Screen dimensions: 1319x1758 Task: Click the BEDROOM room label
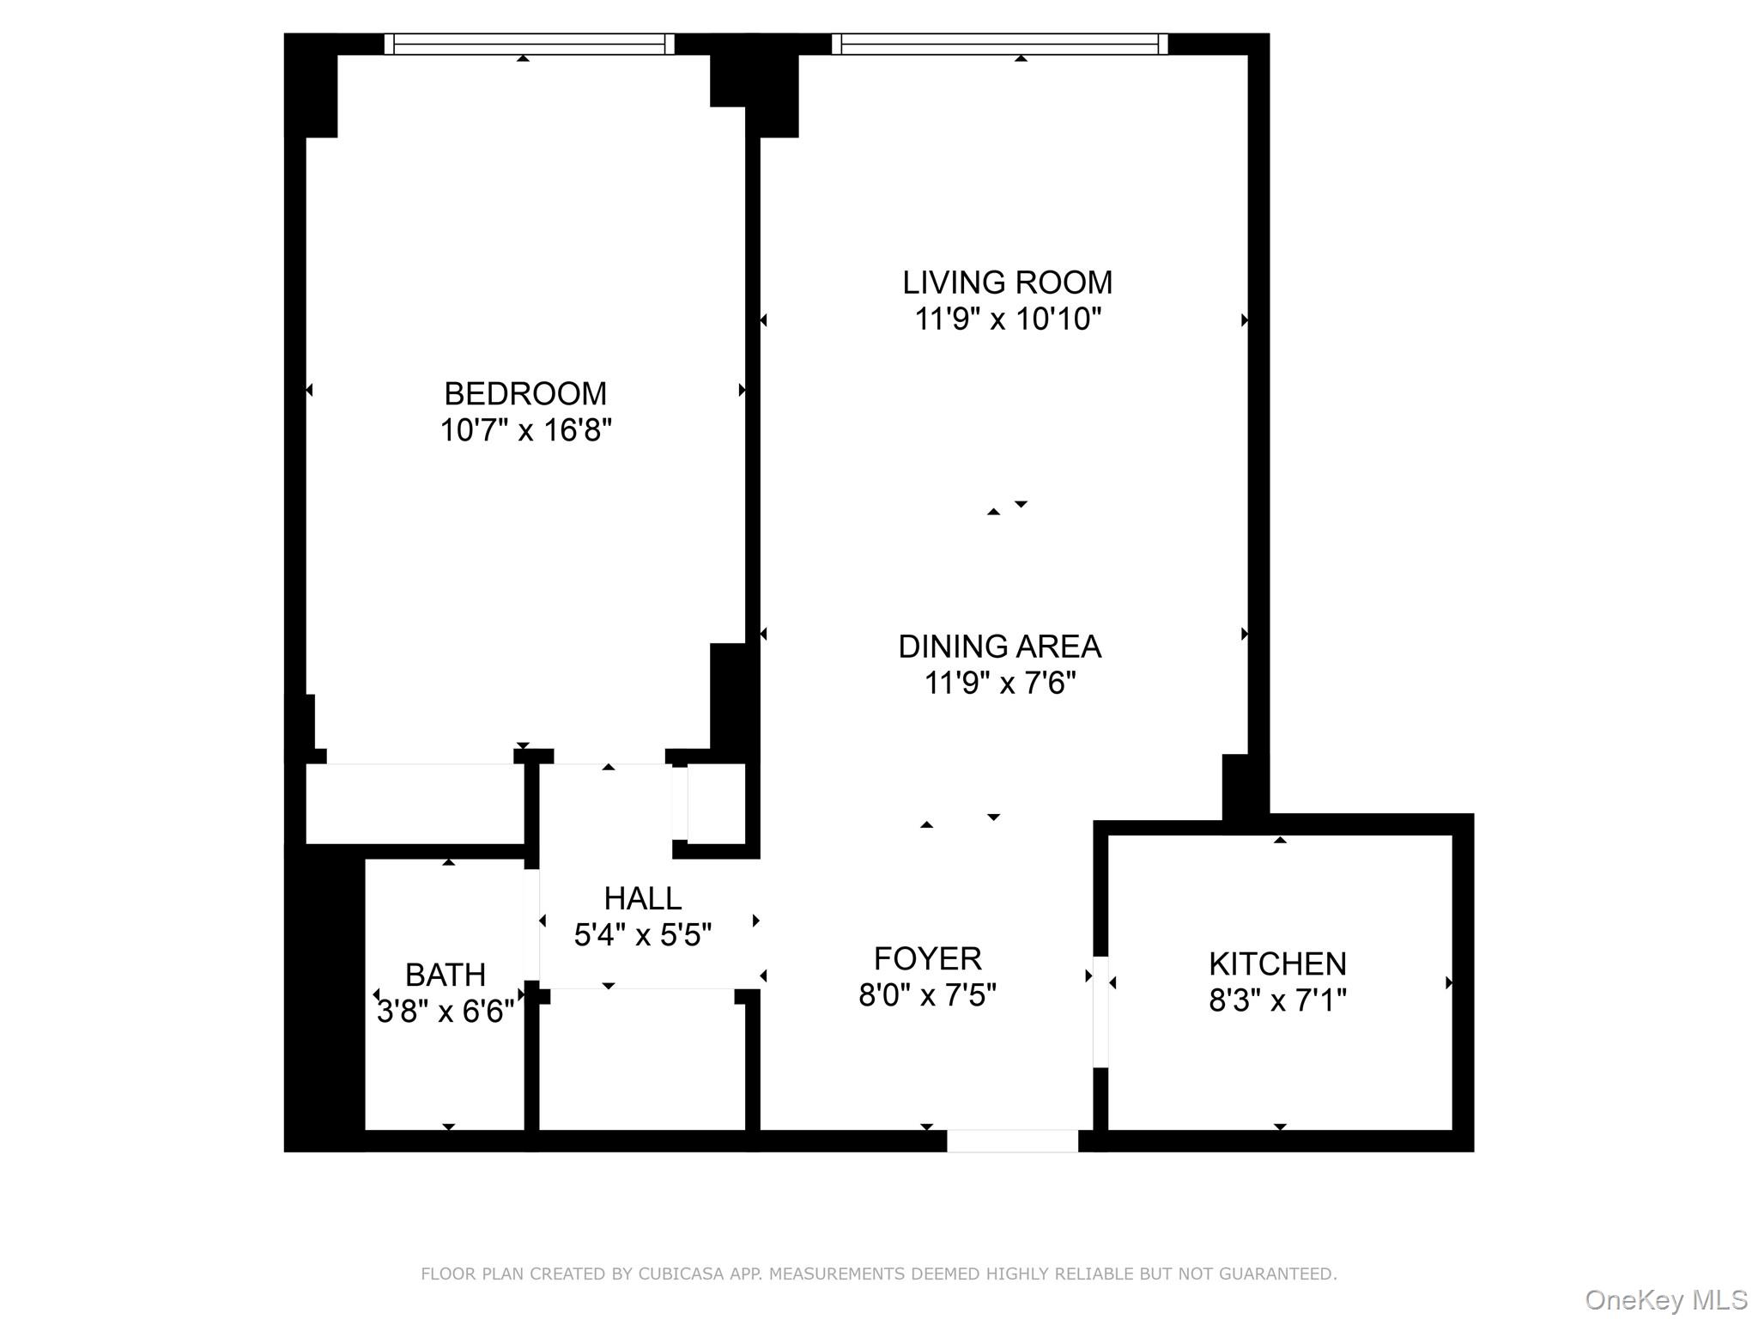524,393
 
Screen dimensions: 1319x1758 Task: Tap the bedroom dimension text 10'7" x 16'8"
524,430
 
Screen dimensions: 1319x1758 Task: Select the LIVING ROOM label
1007,283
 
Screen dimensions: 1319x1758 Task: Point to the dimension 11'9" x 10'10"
1007,319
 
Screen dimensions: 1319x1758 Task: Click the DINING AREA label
999,647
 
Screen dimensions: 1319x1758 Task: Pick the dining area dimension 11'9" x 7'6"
999,684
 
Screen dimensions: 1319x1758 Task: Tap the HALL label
642,898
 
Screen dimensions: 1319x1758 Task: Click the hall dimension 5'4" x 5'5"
642,935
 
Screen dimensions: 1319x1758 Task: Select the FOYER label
927,958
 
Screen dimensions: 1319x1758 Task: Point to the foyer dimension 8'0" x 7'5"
927,995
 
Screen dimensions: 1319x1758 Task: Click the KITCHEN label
1277,964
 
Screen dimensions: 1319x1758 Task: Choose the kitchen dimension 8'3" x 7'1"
1277,1001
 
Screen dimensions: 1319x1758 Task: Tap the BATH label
446,976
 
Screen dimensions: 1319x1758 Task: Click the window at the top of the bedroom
529,44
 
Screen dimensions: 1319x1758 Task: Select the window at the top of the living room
1000,44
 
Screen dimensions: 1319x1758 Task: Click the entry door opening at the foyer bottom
1012,1140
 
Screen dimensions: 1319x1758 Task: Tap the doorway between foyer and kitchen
1100,1012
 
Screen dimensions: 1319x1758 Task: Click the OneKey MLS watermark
1665,1300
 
